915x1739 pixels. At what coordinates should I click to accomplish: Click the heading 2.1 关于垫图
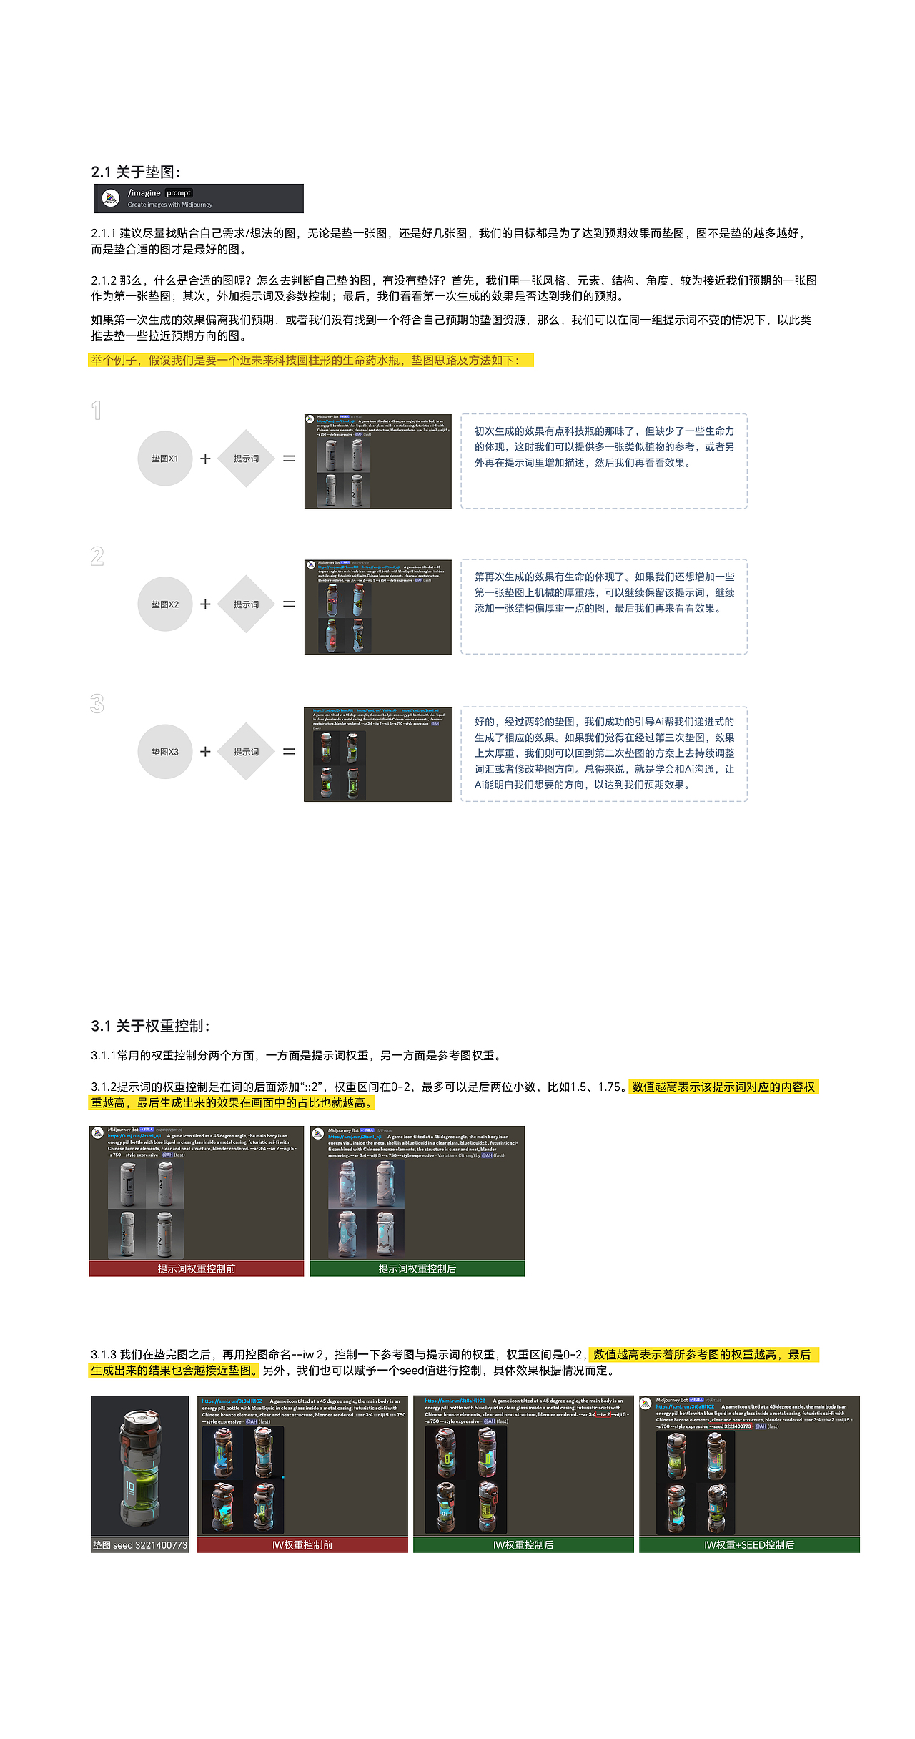click(x=136, y=172)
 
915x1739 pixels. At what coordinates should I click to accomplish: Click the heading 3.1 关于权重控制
click(x=150, y=1026)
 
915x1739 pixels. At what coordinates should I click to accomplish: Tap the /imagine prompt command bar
click(x=198, y=198)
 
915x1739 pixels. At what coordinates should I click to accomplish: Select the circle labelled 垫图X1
click(x=165, y=459)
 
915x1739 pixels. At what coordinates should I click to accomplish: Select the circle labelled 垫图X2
click(x=165, y=604)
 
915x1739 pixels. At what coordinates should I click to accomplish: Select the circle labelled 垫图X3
click(x=165, y=752)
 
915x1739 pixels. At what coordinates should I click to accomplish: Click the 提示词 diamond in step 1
click(x=246, y=459)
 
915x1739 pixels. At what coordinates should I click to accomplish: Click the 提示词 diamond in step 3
click(x=246, y=752)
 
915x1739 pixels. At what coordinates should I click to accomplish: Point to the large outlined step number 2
click(x=97, y=557)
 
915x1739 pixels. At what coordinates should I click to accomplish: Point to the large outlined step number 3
click(x=97, y=704)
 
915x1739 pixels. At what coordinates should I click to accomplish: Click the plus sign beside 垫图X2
click(x=205, y=604)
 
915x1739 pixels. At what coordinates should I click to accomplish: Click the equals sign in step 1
click(x=289, y=459)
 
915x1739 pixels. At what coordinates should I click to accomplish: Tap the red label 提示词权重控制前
click(x=197, y=1268)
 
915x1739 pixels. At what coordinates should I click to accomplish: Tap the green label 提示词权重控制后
click(x=417, y=1268)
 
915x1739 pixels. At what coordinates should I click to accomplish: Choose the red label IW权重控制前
click(x=302, y=1545)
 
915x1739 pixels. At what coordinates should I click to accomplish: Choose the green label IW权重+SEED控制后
click(x=749, y=1545)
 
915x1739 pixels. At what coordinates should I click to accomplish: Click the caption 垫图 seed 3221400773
click(x=139, y=1545)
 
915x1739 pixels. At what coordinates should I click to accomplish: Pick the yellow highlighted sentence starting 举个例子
click(x=311, y=360)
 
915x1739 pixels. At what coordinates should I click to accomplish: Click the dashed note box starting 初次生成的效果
click(x=604, y=461)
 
